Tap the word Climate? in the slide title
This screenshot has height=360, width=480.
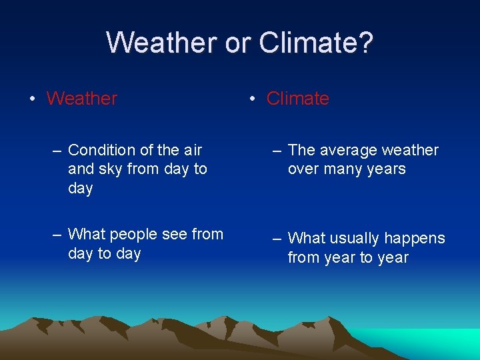coord(316,43)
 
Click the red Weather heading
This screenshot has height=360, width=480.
coord(82,99)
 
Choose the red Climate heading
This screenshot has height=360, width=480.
coord(297,99)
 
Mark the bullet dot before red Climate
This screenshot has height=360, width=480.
coord(252,99)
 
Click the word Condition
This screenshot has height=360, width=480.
coord(102,151)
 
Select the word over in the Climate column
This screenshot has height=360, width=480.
coord(303,169)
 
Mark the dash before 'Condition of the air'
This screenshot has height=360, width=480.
coord(57,151)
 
